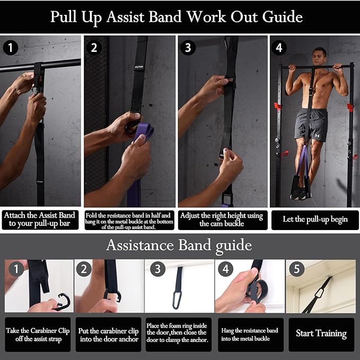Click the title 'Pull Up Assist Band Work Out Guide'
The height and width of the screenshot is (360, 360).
pos(177,16)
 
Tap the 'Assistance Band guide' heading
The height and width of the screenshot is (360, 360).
pos(179,245)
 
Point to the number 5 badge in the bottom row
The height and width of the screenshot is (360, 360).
pos(296,269)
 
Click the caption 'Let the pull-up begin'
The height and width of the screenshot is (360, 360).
pos(314,219)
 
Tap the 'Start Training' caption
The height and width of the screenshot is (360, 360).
pos(321,333)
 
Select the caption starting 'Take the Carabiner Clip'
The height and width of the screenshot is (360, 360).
pos(38,335)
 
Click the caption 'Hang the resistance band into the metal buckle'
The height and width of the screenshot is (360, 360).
pos(249,335)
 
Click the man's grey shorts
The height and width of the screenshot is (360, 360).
pos(311,125)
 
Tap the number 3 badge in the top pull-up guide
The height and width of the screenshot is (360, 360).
pos(187,48)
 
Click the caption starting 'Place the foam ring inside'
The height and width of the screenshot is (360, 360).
pos(179,335)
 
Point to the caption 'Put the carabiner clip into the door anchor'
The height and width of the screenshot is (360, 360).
pos(108,335)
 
